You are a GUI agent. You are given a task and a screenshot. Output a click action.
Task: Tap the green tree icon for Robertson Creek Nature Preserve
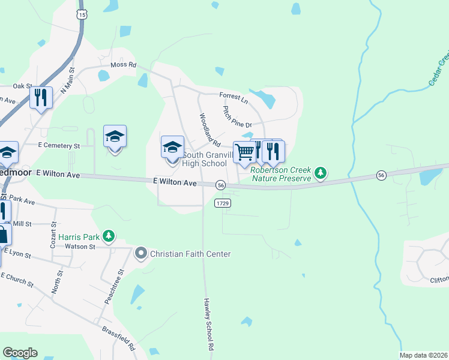tap(321, 173)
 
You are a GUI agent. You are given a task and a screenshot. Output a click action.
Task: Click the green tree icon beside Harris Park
tap(108, 236)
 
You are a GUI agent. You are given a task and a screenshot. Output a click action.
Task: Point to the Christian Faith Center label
tap(190, 254)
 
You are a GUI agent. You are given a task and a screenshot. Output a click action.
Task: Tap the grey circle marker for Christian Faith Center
tap(141, 254)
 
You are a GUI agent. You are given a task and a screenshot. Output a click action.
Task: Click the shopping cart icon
tap(244, 152)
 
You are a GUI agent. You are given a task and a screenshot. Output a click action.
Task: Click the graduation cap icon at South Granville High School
tap(172, 147)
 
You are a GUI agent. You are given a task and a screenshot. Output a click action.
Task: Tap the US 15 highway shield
tap(82, 13)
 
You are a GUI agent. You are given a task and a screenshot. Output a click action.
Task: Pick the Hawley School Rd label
tap(208, 324)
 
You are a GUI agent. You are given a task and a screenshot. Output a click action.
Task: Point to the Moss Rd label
tap(124, 65)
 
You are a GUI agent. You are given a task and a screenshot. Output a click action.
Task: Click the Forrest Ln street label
tap(233, 96)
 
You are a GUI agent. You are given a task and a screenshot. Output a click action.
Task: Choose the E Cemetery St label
tap(59, 146)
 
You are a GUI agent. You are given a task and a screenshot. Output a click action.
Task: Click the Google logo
tap(20, 353)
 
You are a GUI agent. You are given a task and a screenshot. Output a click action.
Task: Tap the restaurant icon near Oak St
tap(41, 97)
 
